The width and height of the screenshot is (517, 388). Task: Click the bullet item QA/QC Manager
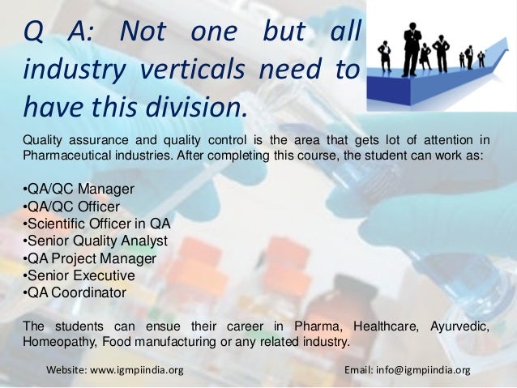[79, 190]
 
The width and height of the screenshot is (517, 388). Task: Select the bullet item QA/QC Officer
[73, 207]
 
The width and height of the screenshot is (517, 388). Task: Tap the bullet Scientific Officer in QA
[97, 224]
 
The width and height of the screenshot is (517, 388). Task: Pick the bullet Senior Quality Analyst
[96, 241]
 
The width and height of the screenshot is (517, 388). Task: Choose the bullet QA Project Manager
[90, 258]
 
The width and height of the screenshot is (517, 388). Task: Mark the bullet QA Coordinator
[75, 292]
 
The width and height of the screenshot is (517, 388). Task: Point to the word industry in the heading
[73, 70]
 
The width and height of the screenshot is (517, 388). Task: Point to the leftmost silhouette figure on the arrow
[385, 56]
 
